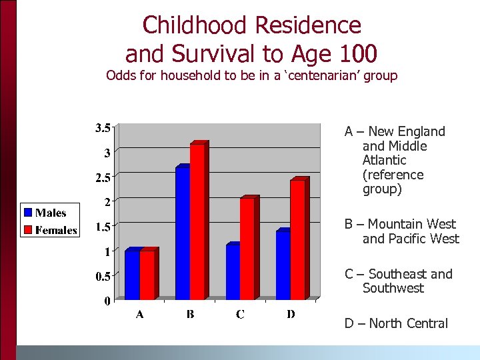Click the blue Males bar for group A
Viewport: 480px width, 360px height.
132,275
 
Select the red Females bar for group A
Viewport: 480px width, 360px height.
147,275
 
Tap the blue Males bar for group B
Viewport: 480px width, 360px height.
183,233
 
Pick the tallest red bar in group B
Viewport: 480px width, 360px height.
197,221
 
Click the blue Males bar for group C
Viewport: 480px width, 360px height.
233,272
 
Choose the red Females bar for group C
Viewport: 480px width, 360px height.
247,249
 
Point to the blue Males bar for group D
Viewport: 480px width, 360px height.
283,265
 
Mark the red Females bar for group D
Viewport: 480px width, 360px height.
298,240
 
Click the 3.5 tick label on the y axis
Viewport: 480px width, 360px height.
101,128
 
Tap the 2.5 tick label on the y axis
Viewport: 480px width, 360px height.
101,177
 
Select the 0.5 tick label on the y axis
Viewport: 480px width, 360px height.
101,276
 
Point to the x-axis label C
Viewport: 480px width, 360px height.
240,315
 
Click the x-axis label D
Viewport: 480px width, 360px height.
291,315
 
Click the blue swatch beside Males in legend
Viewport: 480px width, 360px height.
28,213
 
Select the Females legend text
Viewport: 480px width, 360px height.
57,231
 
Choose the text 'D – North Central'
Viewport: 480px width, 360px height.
396,323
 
